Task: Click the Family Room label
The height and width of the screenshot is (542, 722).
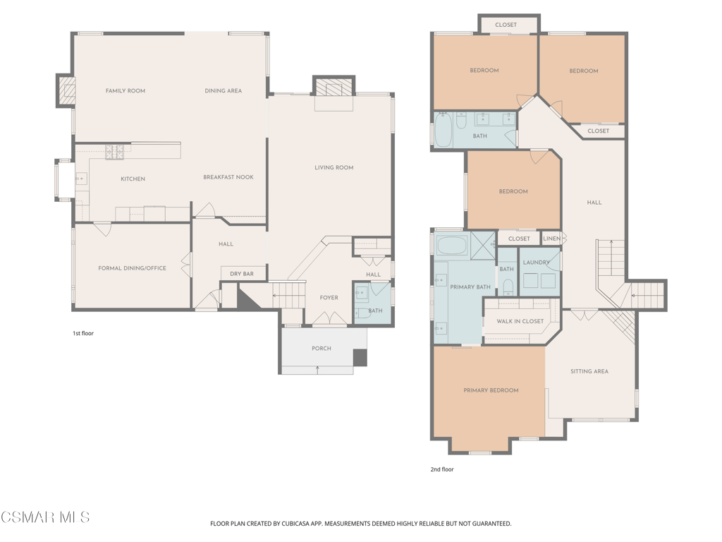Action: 126,91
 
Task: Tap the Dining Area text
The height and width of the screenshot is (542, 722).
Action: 224,91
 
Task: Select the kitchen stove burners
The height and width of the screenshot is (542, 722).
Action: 115,152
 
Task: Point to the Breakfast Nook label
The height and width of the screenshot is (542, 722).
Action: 228,177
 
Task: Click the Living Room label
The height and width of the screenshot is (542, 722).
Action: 334,167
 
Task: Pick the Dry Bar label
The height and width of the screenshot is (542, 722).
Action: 242,274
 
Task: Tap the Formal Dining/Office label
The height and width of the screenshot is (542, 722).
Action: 132,268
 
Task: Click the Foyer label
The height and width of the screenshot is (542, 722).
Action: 329,298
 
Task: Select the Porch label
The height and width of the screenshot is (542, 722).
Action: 322,349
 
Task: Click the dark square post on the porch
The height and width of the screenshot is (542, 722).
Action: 360,358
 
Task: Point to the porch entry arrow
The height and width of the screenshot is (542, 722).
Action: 318,370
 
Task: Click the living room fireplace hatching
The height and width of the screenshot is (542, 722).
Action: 334,89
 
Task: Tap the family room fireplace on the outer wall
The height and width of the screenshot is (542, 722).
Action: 66,90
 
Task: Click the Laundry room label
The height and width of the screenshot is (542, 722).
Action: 537,263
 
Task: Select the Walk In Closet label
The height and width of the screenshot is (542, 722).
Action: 520,321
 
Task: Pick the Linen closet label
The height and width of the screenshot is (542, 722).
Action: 551,239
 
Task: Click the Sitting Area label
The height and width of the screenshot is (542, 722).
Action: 589,371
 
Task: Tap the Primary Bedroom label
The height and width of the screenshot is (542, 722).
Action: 491,390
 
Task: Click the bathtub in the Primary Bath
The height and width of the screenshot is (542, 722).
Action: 453,245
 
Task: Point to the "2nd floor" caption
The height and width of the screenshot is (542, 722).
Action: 442,469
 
